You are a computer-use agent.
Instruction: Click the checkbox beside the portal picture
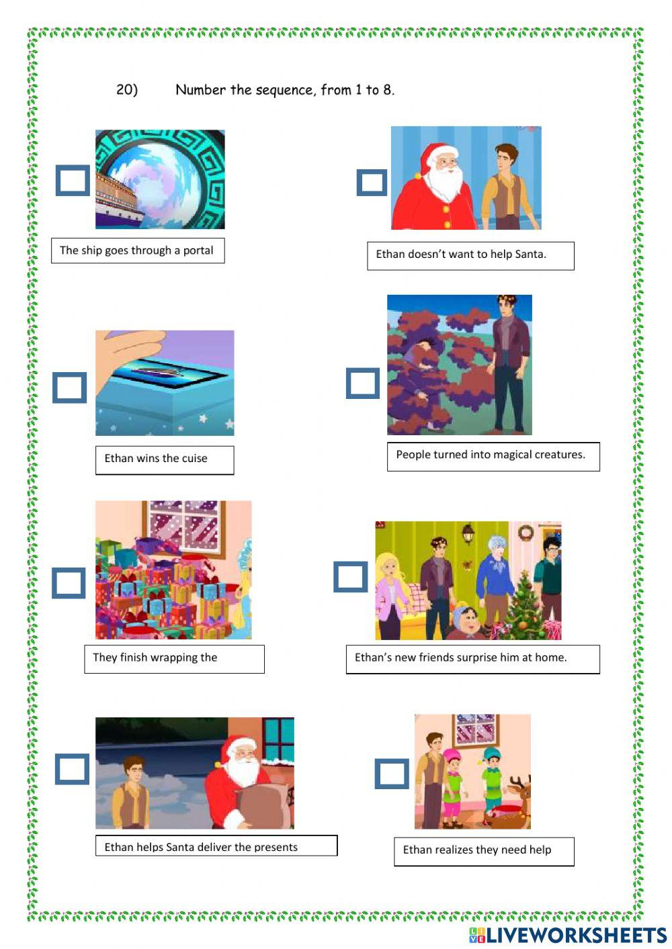73,181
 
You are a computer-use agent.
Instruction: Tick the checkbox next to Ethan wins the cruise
70,388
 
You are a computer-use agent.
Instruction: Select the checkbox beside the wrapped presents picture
69,583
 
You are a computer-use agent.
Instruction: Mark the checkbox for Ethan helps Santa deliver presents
72,770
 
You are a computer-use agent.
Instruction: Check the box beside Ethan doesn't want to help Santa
372,183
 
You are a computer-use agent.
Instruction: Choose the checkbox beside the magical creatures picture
363,383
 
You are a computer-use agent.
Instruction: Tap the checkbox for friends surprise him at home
351,577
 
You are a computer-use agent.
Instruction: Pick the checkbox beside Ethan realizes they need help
392,774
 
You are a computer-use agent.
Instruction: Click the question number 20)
127,90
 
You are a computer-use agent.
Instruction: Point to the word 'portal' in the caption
198,251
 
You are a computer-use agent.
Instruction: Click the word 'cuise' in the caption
194,459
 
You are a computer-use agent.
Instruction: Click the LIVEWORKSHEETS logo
568,935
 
